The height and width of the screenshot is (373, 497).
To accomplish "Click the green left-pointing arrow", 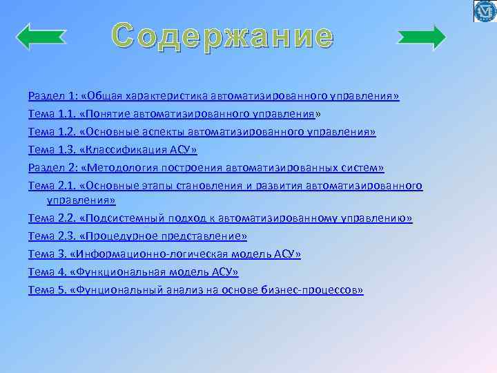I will (x=41, y=37).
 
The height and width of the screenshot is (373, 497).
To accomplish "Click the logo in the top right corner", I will (x=484, y=12).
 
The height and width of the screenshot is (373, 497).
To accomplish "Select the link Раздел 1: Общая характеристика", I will (x=213, y=95).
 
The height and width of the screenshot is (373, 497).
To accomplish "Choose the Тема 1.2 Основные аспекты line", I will (x=202, y=131).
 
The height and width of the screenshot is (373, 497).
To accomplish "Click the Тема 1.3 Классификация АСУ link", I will (x=113, y=149).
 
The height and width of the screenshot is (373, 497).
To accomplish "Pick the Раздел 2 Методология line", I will (x=206, y=167).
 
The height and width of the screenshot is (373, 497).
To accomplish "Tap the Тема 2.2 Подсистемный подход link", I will (x=220, y=218).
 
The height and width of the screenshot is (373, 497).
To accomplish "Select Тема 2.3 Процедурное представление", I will (x=137, y=236).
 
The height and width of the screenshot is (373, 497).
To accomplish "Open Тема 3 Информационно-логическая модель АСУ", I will (x=164, y=254).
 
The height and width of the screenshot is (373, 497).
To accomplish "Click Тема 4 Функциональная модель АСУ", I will (x=133, y=272).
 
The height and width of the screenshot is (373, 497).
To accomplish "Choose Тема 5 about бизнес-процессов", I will (x=195, y=290).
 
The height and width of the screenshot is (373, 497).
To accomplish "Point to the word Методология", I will (x=121, y=167).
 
